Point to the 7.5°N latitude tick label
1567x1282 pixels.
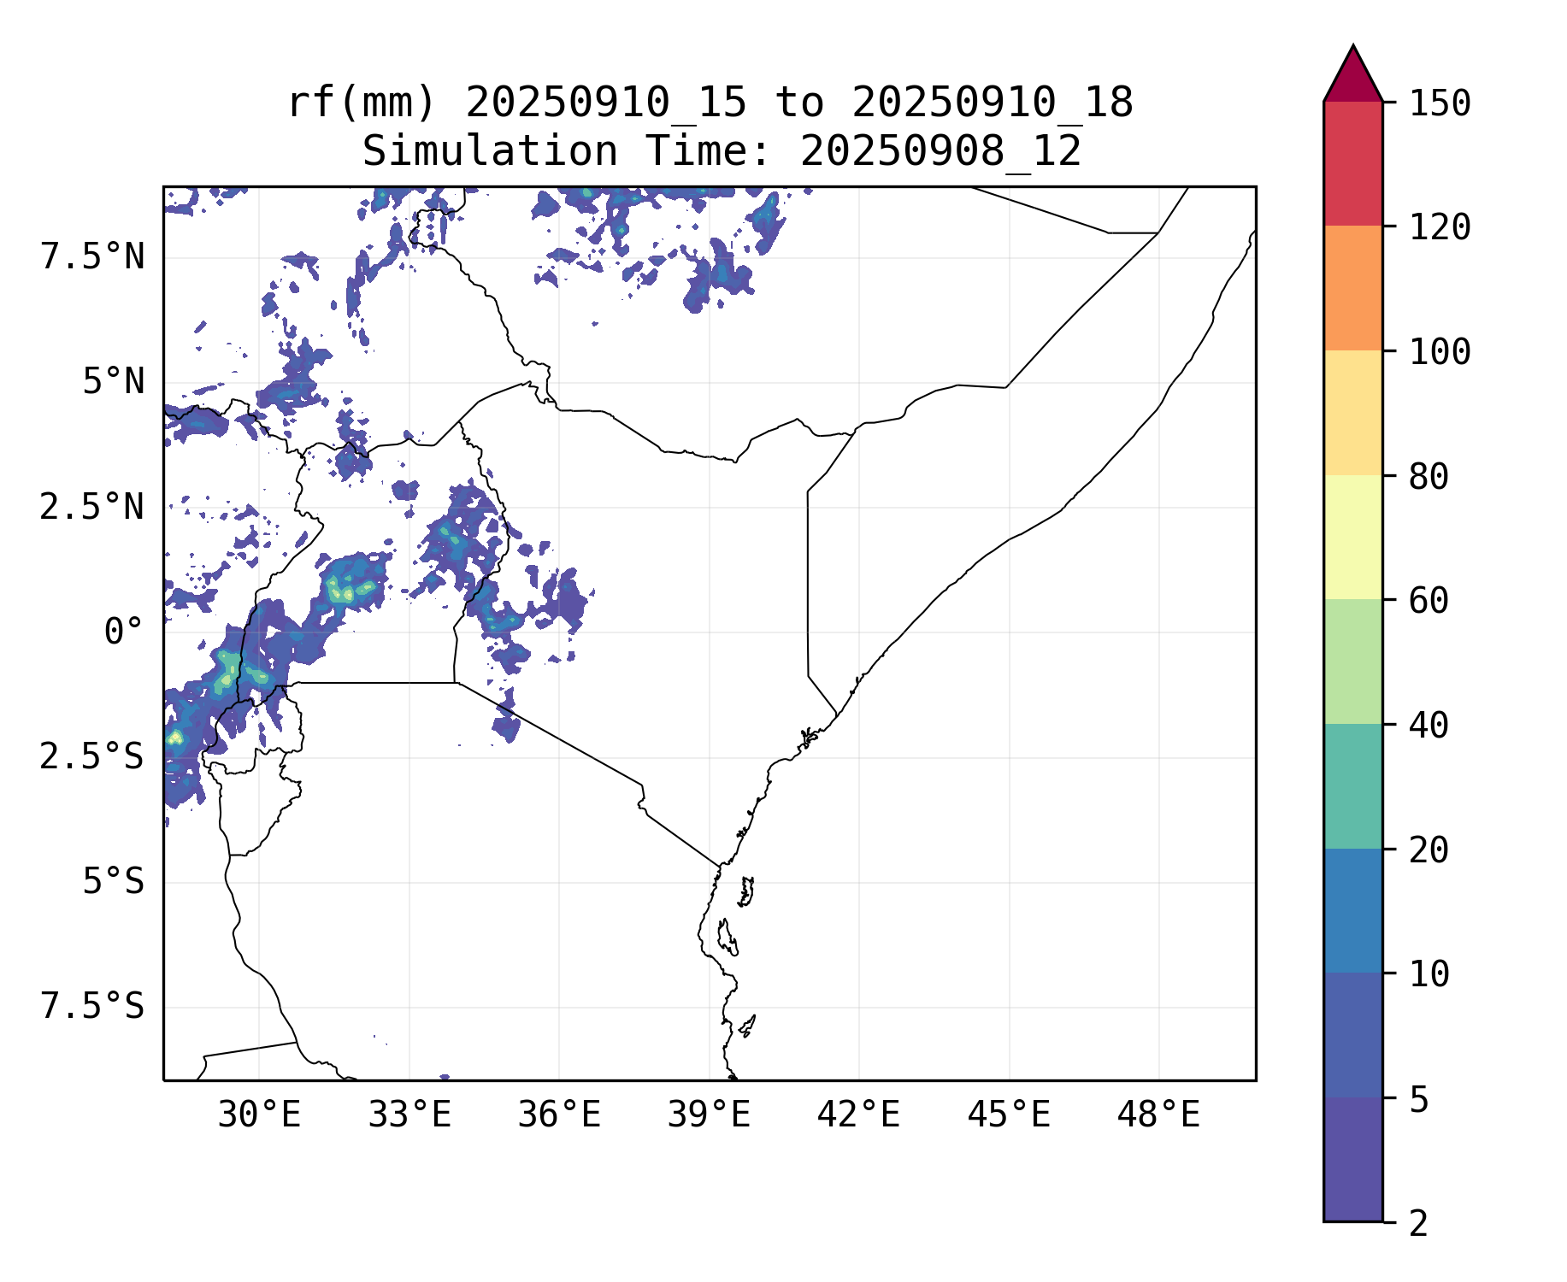[92, 256]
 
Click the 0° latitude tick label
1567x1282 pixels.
[123, 632]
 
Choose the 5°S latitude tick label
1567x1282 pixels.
[113, 882]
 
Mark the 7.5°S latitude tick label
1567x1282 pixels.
[92, 1007]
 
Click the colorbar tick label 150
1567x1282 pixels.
[1440, 103]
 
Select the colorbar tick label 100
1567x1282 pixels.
[1440, 351]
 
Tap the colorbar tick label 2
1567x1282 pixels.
[1418, 1224]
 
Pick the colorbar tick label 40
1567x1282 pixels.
[1429, 726]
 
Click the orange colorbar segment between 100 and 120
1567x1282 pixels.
[1352, 288]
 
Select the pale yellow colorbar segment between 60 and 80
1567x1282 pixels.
[1352, 537]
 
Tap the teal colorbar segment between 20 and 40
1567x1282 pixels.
[1352, 786]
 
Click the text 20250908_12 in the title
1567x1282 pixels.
[940, 151]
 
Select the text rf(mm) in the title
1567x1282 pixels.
[362, 103]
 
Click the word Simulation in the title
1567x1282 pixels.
[490, 151]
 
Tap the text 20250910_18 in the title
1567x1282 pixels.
[992, 103]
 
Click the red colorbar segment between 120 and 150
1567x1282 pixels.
[1352, 163]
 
